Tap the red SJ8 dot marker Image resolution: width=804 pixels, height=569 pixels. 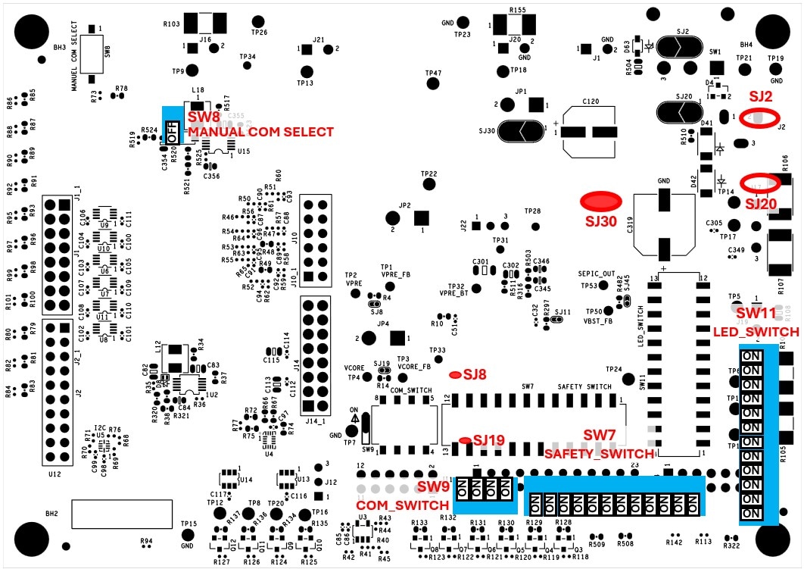pos(456,375)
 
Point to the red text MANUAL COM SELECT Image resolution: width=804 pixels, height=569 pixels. pos(260,132)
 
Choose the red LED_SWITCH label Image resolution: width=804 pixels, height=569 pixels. pos(756,332)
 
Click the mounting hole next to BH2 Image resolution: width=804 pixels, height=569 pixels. pos(31,537)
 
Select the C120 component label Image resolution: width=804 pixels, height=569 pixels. pos(591,101)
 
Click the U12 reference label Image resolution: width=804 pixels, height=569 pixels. pos(55,474)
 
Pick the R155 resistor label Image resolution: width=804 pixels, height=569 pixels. pos(518,11)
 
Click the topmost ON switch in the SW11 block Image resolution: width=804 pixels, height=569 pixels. pos(751,355)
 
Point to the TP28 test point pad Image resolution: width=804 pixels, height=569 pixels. pos(536,226)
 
